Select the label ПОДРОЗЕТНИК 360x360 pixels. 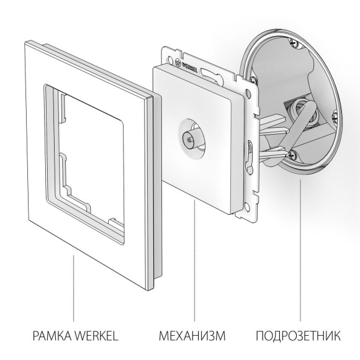click(298, 337)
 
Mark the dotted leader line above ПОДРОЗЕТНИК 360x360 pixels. click(300, 248)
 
